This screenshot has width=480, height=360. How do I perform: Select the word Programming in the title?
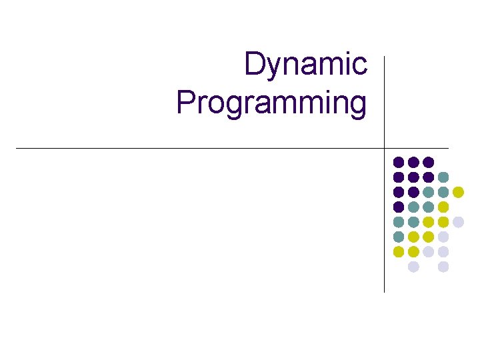pyautogui.click(x=271, y=104)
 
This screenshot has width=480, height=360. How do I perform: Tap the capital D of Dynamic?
pyautogui.click(x=254, y=65)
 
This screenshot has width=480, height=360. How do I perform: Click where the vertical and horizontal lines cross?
pyautogui.click(x=385, y=148)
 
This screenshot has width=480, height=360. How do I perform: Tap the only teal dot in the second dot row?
pyautogui.click(x=443, y=177)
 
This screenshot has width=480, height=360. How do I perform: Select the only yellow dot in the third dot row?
pyautogui.click(x=458, y=192)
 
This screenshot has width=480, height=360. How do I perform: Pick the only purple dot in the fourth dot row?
pyautogui.click(x=399, y=207)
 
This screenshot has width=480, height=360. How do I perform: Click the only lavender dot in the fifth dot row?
pyautogui.click(x=458, y=222)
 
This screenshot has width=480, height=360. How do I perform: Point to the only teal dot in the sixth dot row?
pyautogui.click(x=399, y=237)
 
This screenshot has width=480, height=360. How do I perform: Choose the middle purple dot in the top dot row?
pyautogui.click(x=413, y=162)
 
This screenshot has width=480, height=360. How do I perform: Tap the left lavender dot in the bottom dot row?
pyautogui.click(x=413, y=267)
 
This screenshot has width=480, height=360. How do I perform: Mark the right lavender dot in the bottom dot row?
pyautogui.click(x=443, y=267)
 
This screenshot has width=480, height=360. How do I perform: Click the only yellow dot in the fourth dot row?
pyautogui.click(x=443, y=207)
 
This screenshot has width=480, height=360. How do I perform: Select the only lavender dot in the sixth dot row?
pyautogui.click(x=443, y=237)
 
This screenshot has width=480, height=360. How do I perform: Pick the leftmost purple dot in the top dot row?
pyautogui.click(x=399, y=162)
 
